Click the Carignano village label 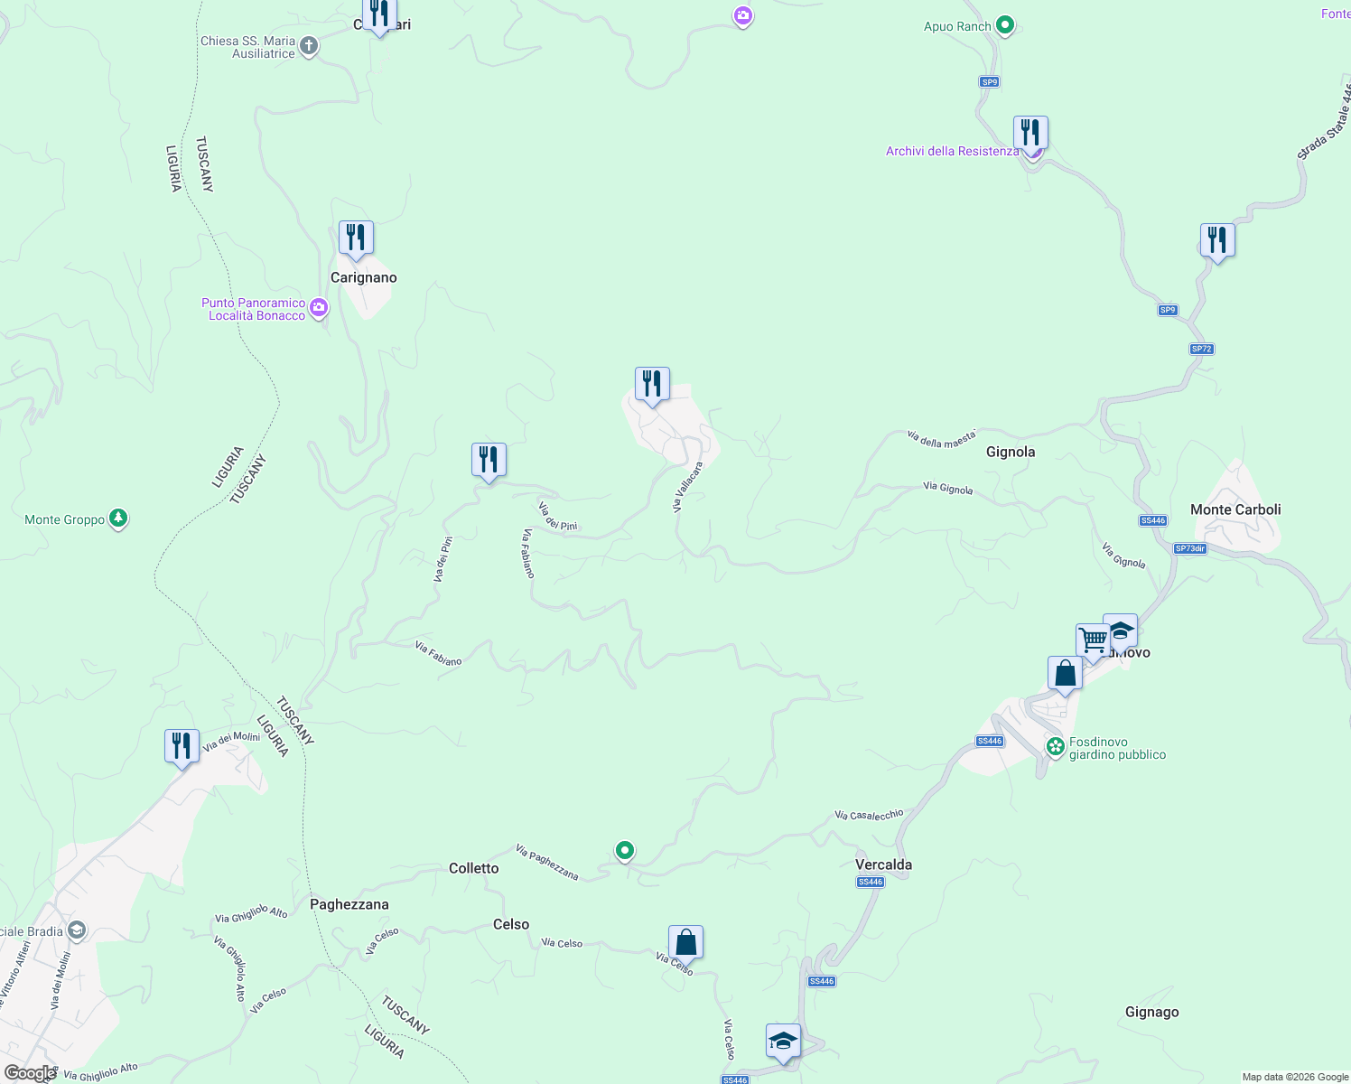click(x=363, y=277)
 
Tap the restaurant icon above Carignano click(x=356, y=238)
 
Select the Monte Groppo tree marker click(x=118, y=519)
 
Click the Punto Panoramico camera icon click(x=318, y=309)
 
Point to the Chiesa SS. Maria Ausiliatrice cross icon click(x=309, y=46)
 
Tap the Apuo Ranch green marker click(x=1005, y=26)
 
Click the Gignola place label click(x=1010, y=452)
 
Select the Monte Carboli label click(x=1235, y=509)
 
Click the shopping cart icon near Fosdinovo click(x=1093, y=640)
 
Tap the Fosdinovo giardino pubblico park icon click(x=1055, y=747)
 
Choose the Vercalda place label click(x=883, y=864)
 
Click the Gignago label click(x=1151, y=1012)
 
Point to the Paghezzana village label click(x=349, y=904)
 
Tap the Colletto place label click(x=473, y=868)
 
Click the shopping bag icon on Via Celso click(x=685, y=942)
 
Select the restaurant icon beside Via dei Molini click(x=182, y=746)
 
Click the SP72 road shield click(x=1200, y=349)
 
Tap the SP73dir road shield click(x=1189, y=548)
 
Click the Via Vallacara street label click(x=687, y=488)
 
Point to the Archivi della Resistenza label click(x=952, y=151)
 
